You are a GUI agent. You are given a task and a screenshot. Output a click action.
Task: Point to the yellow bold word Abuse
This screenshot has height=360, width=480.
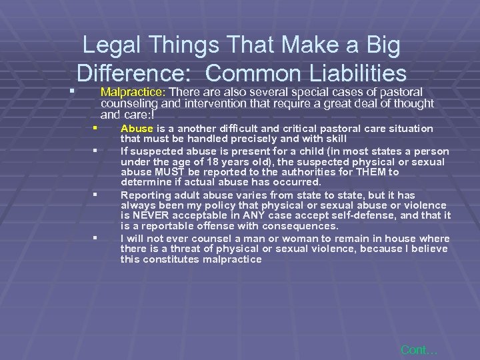coord(137,129)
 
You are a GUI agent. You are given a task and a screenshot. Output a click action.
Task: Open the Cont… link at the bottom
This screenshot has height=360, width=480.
coord(419,349)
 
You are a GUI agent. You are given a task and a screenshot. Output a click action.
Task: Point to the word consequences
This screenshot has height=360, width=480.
coord(303,226)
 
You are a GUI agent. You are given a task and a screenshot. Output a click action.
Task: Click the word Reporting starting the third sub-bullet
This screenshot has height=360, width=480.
coord(146,194)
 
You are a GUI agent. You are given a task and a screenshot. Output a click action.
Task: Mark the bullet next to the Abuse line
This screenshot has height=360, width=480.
coord(96,127)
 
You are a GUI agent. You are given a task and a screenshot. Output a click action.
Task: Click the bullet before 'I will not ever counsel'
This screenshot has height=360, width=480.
coord(96,237)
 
